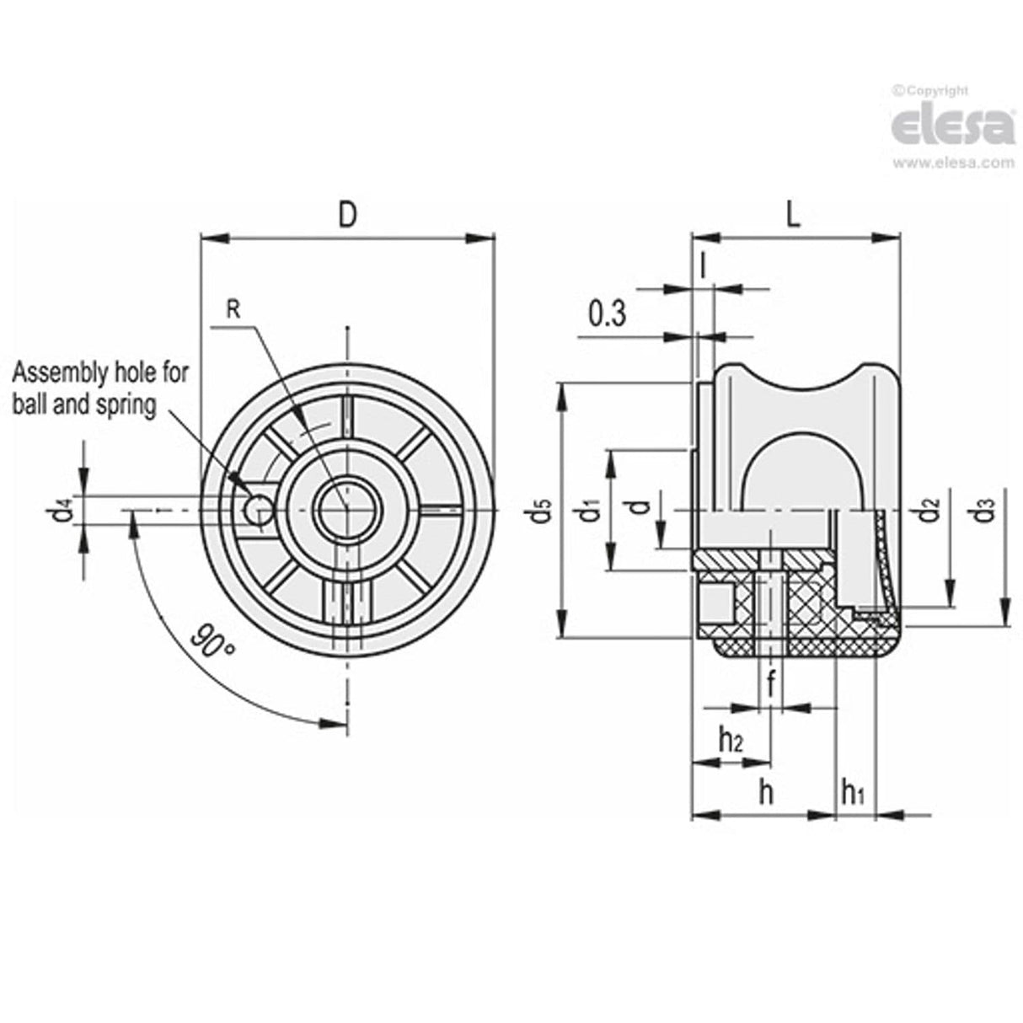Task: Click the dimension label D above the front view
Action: point(347,214)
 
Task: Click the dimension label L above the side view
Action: point(793,214)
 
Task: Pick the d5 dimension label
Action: point(541,511)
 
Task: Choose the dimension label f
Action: point(771,685)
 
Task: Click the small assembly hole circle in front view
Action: point(257,510)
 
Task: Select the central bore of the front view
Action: point(347,510)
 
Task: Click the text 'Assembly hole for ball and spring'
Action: point(101,388)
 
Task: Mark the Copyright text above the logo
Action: point(934,90)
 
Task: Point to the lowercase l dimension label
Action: point(704,264)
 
